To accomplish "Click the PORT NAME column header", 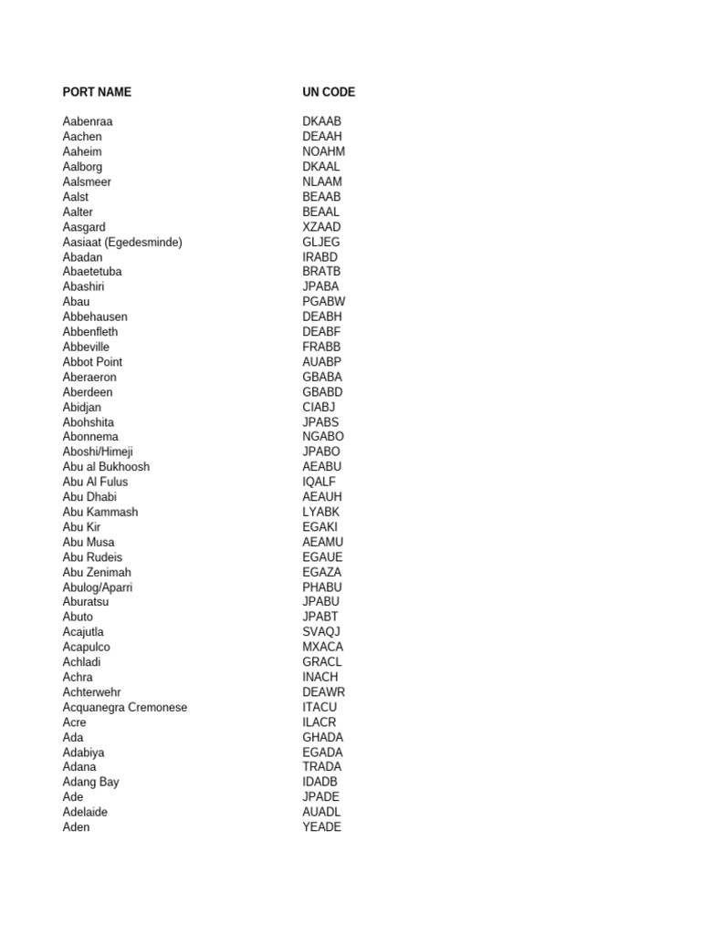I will click(97, 92).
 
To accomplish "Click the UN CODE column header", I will click(329, 92).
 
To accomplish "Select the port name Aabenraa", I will click(88, 121).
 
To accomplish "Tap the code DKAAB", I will click(322, 121).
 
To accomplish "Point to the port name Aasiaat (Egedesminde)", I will click(122, 242).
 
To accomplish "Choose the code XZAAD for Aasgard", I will click(322, 227).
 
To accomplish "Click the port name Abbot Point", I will click(92, 362).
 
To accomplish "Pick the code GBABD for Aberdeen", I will click(323, 392).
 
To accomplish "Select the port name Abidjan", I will click(82, 407).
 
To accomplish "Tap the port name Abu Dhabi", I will click(89, 497).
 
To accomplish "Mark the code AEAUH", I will click(322, 497).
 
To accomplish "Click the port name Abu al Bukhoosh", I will click(106, 467).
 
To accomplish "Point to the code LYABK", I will click(321, 512).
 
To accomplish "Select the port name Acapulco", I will click(87, 647).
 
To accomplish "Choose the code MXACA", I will click(323, 647).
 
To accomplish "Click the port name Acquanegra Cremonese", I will click(125, 707).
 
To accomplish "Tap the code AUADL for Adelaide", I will click(321, 812).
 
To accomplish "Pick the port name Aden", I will click(77, 827).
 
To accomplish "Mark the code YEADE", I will click(322, 827).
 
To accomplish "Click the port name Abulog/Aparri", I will click(98, 587).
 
